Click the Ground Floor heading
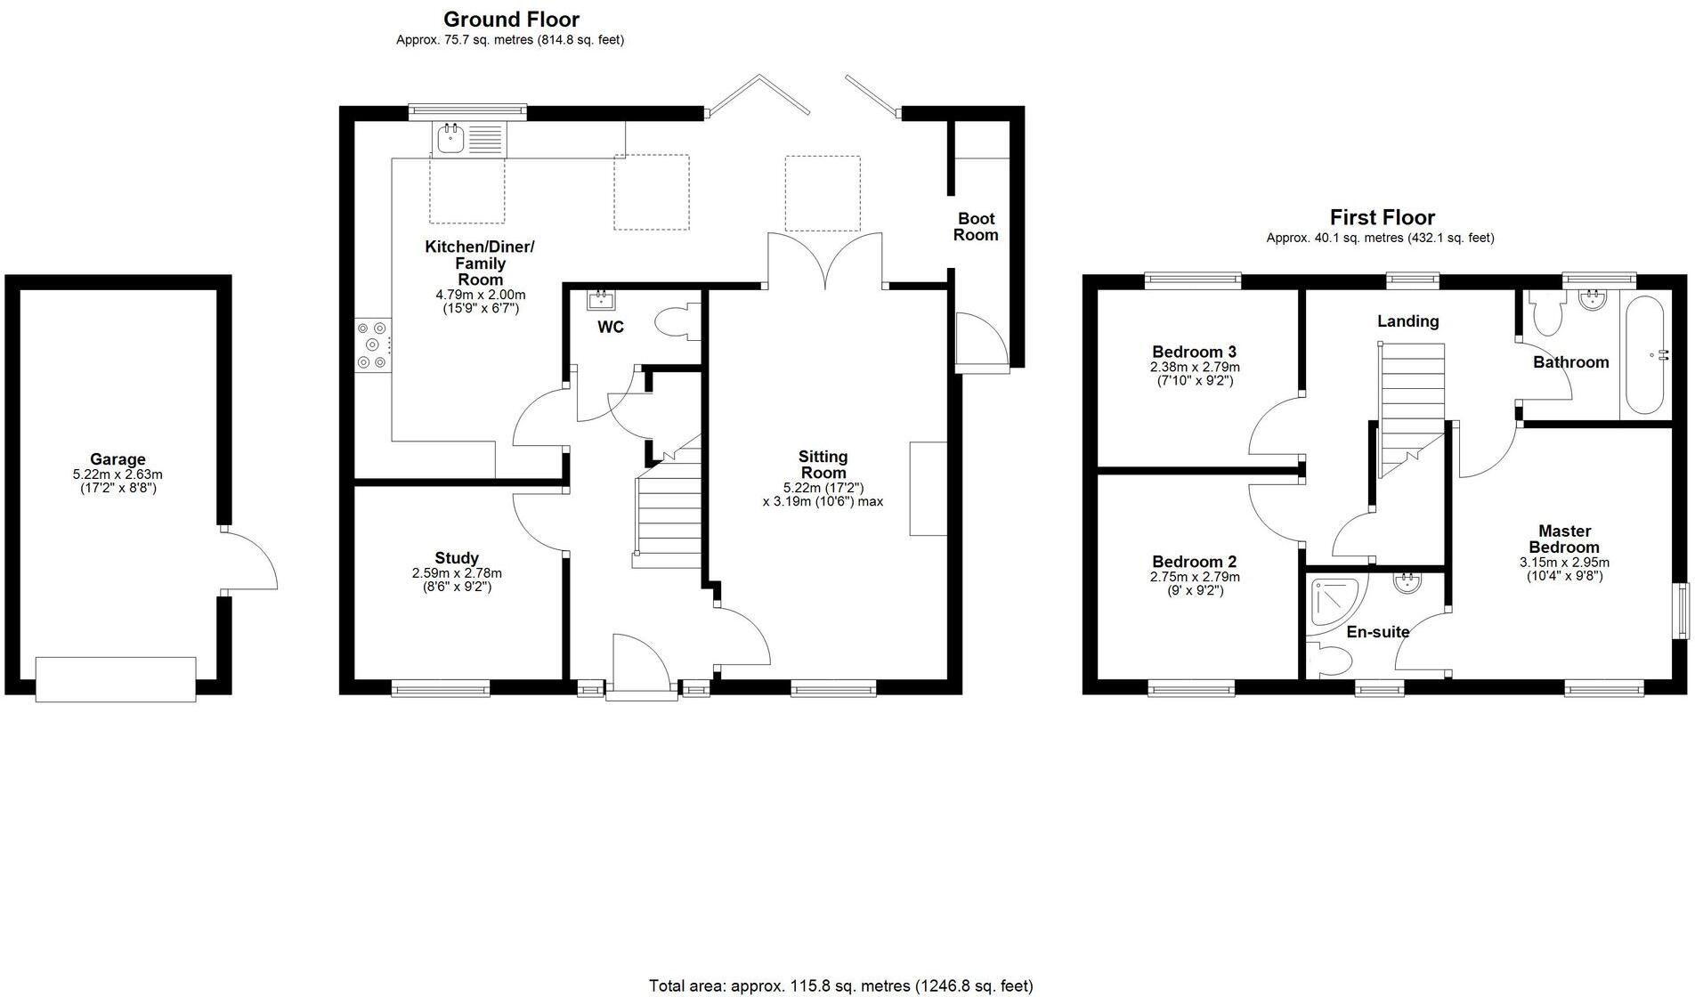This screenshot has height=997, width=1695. (x=511, y=20)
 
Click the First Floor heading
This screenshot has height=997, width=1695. (x=1382, y=217)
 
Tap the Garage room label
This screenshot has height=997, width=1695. (x=118, y=459)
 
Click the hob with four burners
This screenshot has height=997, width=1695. (x=372, y=345)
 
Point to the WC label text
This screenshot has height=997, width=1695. (x=611, y=328)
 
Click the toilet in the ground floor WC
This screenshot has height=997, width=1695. (x=674, y=321)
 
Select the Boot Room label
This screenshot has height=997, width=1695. (x=976, y=227)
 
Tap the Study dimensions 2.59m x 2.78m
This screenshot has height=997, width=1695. (x=457, y=573)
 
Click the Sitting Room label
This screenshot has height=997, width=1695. (x=823, y=465)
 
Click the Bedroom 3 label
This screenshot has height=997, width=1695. (x=1194, y=352)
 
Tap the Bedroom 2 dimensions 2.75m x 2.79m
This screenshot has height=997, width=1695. (x=1195, y=577)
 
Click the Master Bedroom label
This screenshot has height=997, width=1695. (x=1564, y=539)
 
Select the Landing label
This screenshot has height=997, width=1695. (x=1407, y=321)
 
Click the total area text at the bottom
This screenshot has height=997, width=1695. (x=840, y=985)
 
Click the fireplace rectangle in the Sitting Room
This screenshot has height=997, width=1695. (x=928, y=488)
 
